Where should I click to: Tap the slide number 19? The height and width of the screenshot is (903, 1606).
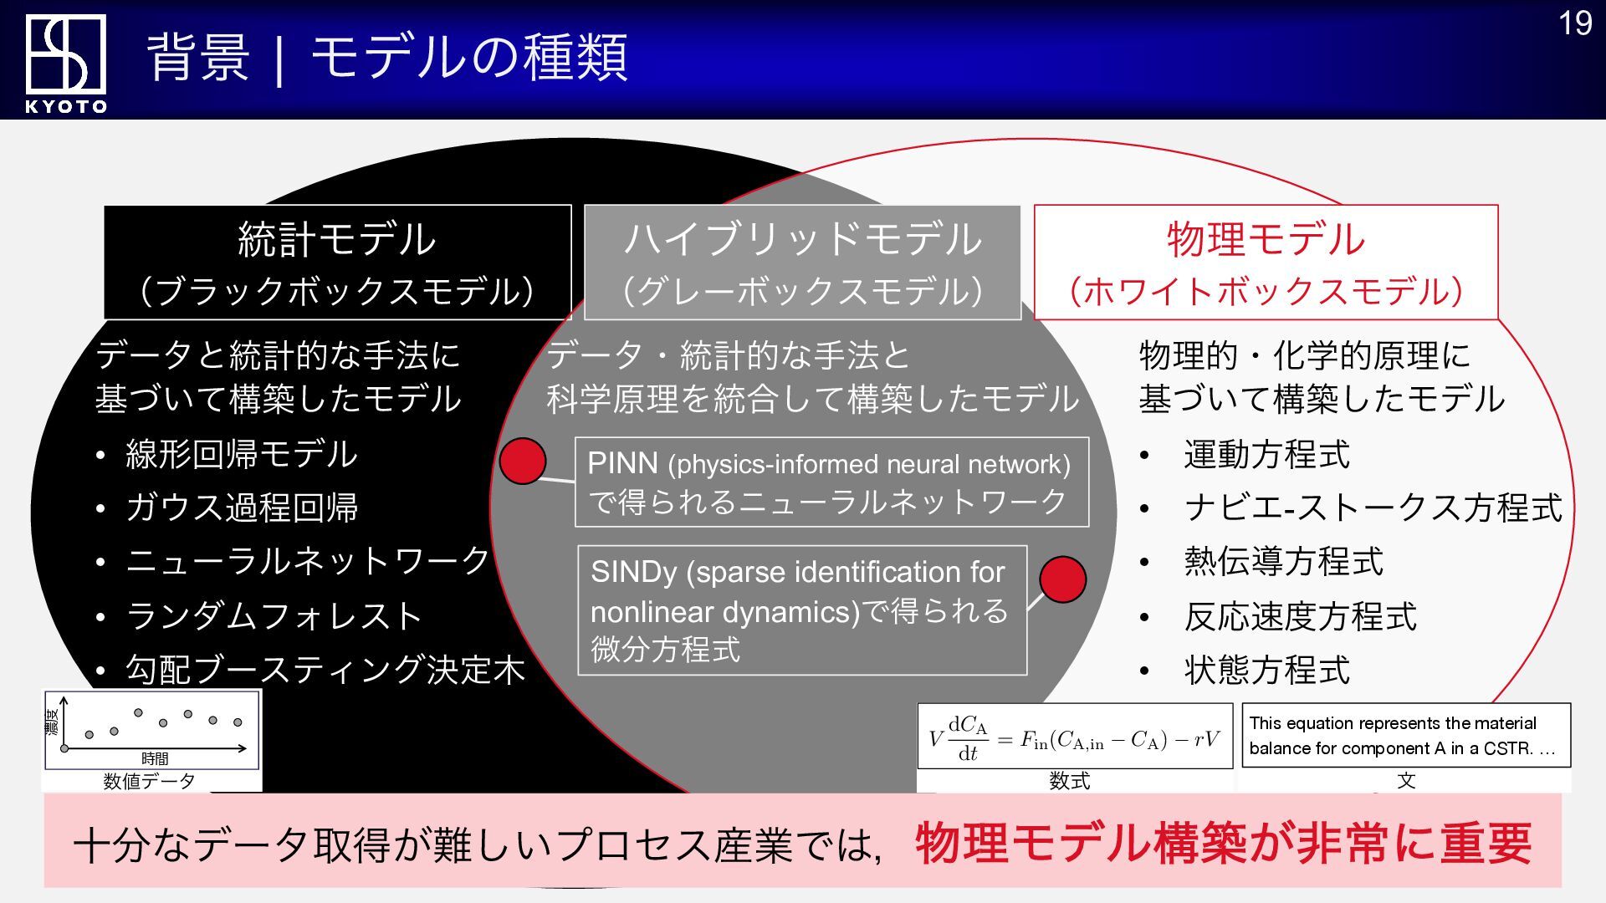tap(1575, 23)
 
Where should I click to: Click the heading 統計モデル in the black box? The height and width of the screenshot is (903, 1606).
tap(336, 240)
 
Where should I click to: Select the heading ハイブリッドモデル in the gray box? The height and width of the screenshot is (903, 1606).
tap(802, 240)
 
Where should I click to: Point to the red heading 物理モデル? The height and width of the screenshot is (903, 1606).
tap(1266, 240)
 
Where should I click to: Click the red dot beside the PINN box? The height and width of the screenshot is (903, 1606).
tap(523, 461)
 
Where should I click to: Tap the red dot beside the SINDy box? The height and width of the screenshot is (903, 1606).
tap(1062, 579)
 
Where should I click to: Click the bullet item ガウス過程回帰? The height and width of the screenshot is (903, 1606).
tap(243, 508)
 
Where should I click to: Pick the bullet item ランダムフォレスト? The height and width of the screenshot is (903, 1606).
tap(274, 616)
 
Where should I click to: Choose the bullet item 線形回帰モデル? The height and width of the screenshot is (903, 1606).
tap(242, 455)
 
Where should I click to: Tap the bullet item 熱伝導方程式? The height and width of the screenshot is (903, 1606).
tap(1284, 561)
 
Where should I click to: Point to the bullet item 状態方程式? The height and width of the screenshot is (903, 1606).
tap(1267, 670)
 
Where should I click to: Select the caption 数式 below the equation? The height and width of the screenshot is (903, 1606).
tap(1070, 781)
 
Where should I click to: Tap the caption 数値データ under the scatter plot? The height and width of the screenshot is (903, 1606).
tap(149, 781)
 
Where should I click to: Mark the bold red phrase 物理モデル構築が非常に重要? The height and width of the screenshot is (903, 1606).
tap(1223, 843)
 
